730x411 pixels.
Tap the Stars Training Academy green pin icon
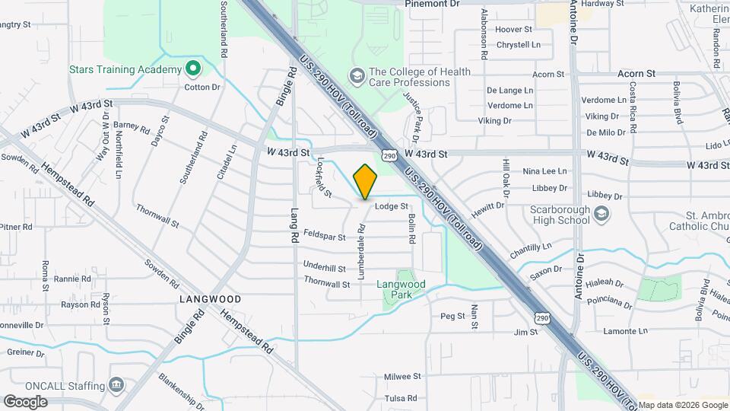[192, 69]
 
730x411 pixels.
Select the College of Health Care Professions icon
[356, 75]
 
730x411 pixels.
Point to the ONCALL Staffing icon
[116, 384]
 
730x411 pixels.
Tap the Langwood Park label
[401, 289]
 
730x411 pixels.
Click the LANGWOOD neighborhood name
[210, 299]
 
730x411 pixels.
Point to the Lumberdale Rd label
[362, 249]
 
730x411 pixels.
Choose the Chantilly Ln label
[531, 247]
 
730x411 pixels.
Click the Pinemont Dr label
[432, 4]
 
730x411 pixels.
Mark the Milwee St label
[402, 376]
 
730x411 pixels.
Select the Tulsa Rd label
[402, 398]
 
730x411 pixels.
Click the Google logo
[25, 401]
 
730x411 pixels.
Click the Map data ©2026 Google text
[682, 404]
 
